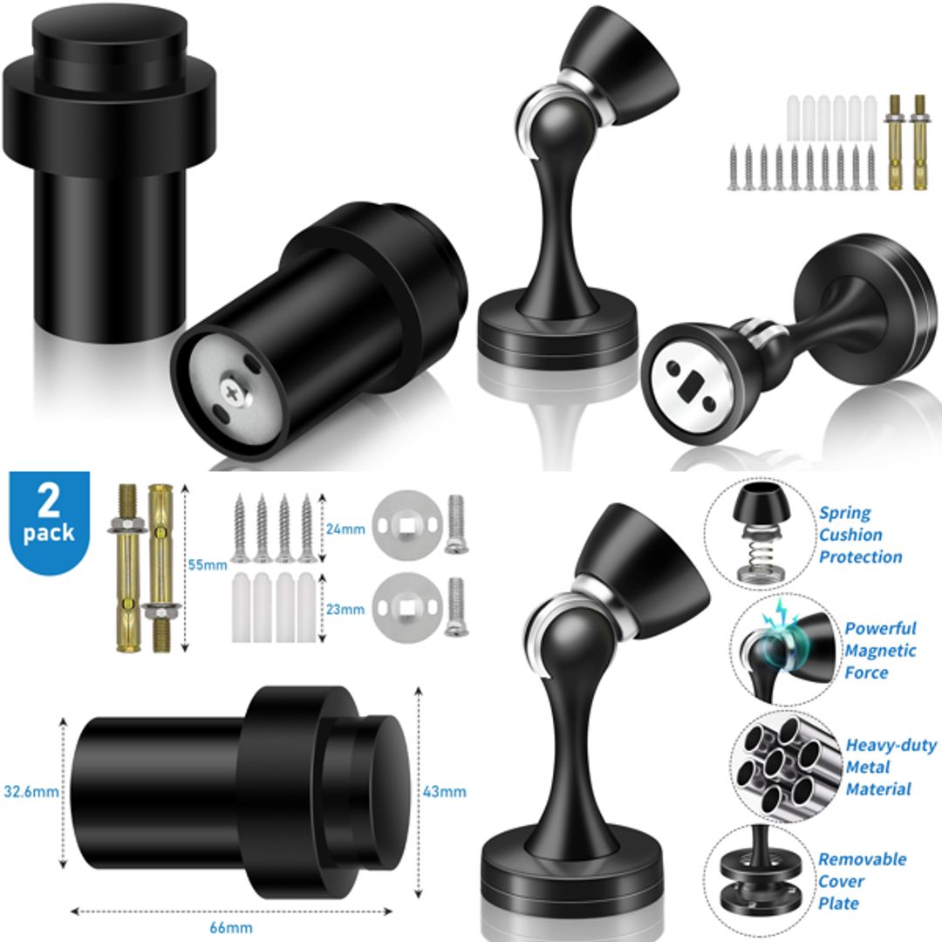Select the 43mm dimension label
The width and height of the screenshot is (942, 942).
446,792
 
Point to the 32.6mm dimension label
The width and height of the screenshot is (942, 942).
31,792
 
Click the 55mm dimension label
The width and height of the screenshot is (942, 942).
207,564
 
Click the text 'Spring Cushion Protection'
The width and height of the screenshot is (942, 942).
859,535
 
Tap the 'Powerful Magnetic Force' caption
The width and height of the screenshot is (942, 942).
879,650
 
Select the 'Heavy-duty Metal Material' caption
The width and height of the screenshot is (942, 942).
890,768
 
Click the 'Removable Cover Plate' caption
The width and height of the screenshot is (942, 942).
862,881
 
